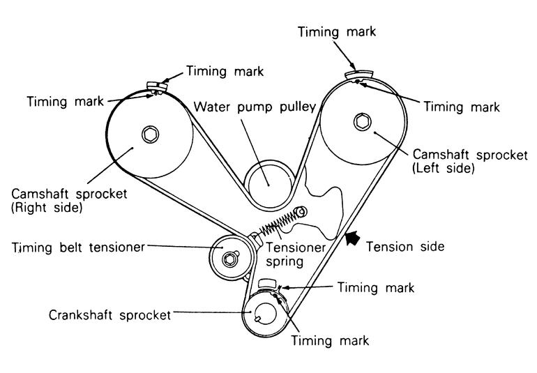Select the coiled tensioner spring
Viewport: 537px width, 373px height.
(x=277, y=224)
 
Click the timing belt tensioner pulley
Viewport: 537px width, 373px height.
(x=228, y=259)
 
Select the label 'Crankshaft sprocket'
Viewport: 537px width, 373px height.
(x=109, y=314)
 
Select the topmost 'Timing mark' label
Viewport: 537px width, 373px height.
(x=337, y=31)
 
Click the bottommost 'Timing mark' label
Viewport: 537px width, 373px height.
(x=329, y=341)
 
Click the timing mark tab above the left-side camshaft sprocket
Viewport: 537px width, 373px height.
(x=361, y=70)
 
